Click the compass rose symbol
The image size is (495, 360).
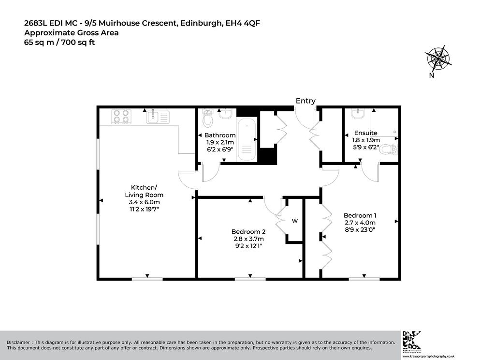click(x=438, y=59)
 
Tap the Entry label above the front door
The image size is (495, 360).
click(x=306, y=101)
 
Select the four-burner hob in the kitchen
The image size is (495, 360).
click(x=121, y=116)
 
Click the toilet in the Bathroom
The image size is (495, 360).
click(x=207, y=118)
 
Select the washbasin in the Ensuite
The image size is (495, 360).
click(x=358, y=114)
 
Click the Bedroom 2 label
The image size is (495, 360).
click(x=248, y=232)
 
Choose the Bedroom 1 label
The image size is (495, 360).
click(x=360, y=215)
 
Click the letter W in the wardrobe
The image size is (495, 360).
click(x=294, y=221)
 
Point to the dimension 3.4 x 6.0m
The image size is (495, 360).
click(x=144, y=202)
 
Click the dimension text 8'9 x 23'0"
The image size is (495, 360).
click(x=360, y=230)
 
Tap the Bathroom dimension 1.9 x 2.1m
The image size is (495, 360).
click(x=220, y=142)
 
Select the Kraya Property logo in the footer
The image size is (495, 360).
click(x=412, y=342)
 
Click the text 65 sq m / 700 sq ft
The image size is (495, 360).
click(x=59, y=43)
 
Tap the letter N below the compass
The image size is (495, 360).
click(x=432, y=75)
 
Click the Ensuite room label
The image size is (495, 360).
click(x=365, y=133)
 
